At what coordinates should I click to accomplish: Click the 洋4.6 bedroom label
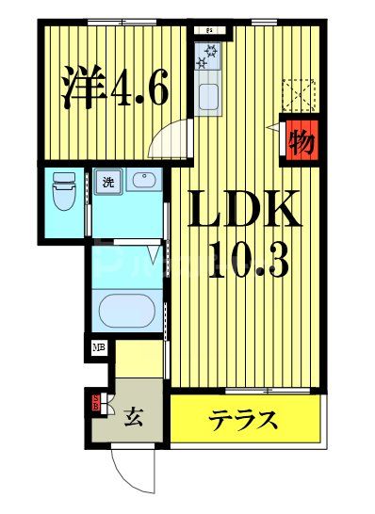(114, 91)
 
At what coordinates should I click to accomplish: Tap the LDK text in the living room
(248, 210)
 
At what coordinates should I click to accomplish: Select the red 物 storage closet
(302, 142)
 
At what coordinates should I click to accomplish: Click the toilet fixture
(64, 193)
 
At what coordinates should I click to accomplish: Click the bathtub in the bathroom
(130, 309)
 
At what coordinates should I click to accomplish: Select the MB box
(99, 347)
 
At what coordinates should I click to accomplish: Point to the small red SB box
(95, 406)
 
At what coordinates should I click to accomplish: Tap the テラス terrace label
(243, 419)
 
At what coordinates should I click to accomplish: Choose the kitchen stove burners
(206, 57)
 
